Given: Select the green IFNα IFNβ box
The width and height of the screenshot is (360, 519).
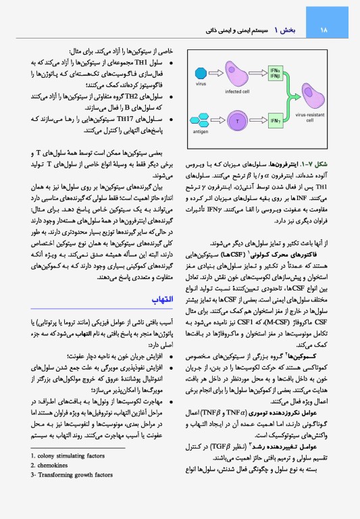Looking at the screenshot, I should pos(275,73).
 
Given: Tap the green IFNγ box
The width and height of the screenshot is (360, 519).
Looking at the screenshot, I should pos(275,121).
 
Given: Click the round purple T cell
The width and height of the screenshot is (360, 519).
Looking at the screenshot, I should pos(236,121).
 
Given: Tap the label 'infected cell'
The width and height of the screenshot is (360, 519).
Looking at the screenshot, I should pos(236,91).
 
